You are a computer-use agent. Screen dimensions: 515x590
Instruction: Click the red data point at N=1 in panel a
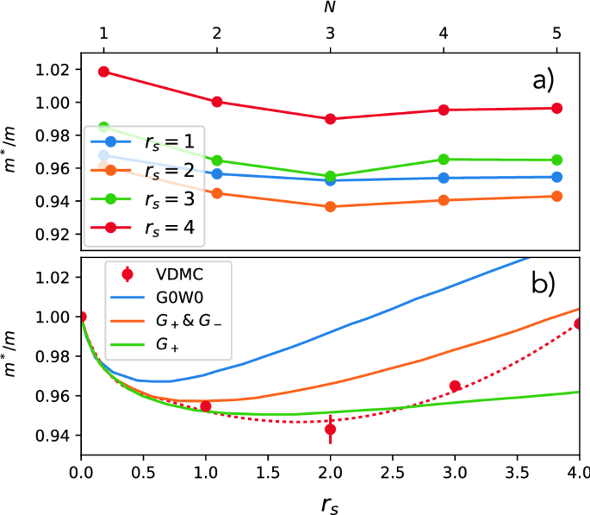(x=104, y=72)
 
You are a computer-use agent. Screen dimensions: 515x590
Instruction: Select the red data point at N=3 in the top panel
(x=330, y=119)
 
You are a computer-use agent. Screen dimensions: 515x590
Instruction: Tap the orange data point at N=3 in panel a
(x=330, y=207)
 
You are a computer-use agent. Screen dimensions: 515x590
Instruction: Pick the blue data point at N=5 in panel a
(x=556, y=177)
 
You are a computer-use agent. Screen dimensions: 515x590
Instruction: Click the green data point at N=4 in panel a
(x=444, y=160)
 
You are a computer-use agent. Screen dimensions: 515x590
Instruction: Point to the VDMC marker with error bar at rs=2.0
(x=330, y=429)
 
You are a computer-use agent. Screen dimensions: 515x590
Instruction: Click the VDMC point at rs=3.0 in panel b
(x=455, y=386)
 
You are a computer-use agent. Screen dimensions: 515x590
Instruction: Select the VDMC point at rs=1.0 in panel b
(x=206, y=406)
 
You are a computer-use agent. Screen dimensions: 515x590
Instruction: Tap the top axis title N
(x=330, y=8)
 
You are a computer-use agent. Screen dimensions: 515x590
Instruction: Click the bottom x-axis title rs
(x=330, y=499)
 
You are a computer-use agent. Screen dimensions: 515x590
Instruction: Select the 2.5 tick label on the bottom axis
(x=392, y=473)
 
